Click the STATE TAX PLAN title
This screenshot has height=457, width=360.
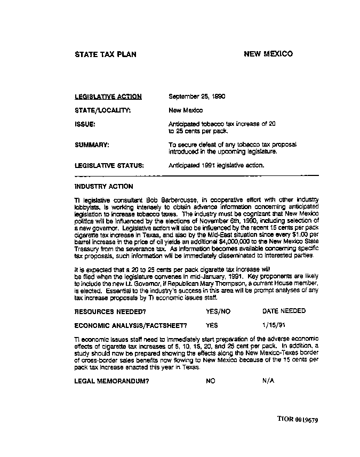click(105, 54)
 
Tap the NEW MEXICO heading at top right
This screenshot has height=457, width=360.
click(268, 54)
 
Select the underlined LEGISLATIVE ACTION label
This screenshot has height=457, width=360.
click(108, 97)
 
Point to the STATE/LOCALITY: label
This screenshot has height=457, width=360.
click(102, 110)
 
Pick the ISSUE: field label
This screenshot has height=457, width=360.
click(85, 124)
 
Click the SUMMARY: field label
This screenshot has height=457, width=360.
click(92, 145)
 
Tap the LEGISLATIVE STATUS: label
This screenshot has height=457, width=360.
click(109, 165)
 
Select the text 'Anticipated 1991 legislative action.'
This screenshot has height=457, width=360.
click(216, 165)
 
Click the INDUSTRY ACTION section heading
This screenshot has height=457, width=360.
click(104, 187)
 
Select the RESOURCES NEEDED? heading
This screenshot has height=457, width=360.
click(110, 311)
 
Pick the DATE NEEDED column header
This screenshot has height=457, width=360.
click(284, 311)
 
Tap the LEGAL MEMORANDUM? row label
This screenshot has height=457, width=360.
click(111, 381)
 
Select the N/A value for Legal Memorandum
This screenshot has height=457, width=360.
click(268, 381)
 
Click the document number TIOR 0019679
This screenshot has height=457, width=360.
click(298, 420)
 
